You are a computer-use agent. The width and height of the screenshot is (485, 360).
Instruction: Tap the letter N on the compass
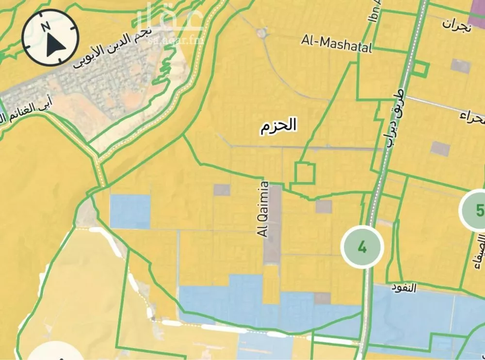pyautogui.click(x=45, y=26)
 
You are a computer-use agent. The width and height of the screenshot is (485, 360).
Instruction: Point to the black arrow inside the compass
pyautogui.click(x=55, y=45)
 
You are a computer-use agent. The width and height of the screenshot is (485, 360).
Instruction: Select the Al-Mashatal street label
pyautogui.click(x=336, y=43)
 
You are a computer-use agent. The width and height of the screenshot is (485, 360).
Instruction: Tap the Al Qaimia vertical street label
pyautogui.click(x=264, y=209)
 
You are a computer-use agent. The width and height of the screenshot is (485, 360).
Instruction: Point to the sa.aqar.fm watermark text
pyautogui.click(x=176, y=35)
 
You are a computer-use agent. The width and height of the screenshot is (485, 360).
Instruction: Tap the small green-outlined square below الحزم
pyautogui.click(x=305, y=173)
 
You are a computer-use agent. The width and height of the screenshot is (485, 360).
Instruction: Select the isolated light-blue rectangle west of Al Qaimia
pyautogui.click(x=130, y=211)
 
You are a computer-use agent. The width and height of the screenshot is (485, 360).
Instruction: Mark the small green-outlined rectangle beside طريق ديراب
pyautogui.click(x=420, y=69)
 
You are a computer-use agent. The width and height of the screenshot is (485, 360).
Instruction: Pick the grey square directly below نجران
pyautogui.click(x=460, y=66)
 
